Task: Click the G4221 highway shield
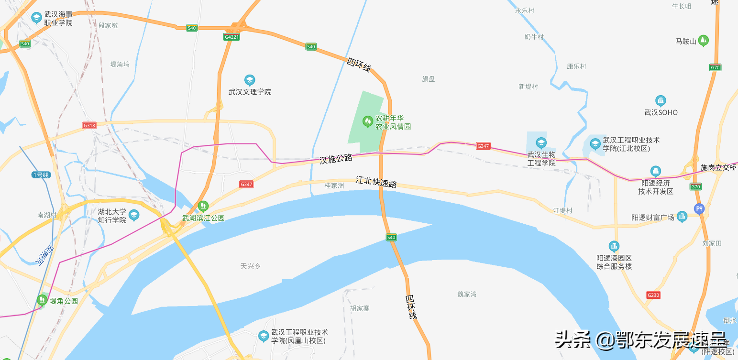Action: click(231, 36)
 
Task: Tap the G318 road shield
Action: click(89, 125)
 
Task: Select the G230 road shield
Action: click(653, 295)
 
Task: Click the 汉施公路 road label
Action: click(336, 159)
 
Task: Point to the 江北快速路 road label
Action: click(376, 182)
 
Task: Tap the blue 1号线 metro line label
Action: click(41, 175)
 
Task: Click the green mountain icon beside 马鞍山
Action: click(703, 41)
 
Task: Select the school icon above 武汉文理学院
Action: click(249, 80)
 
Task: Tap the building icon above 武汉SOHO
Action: click(661, 100)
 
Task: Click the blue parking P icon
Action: click(699, 208)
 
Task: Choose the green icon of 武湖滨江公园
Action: click(203, 206)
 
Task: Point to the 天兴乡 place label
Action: click(251, 266)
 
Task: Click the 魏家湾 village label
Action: click(467, 294)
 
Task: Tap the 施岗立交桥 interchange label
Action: click(718, 167)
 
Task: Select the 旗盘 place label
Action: click(429, 79)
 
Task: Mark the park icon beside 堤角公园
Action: click(42, 301)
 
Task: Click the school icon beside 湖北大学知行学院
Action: click(134, 215)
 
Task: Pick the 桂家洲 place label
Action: click(334, 185)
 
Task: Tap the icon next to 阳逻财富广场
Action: click(682, 217)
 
